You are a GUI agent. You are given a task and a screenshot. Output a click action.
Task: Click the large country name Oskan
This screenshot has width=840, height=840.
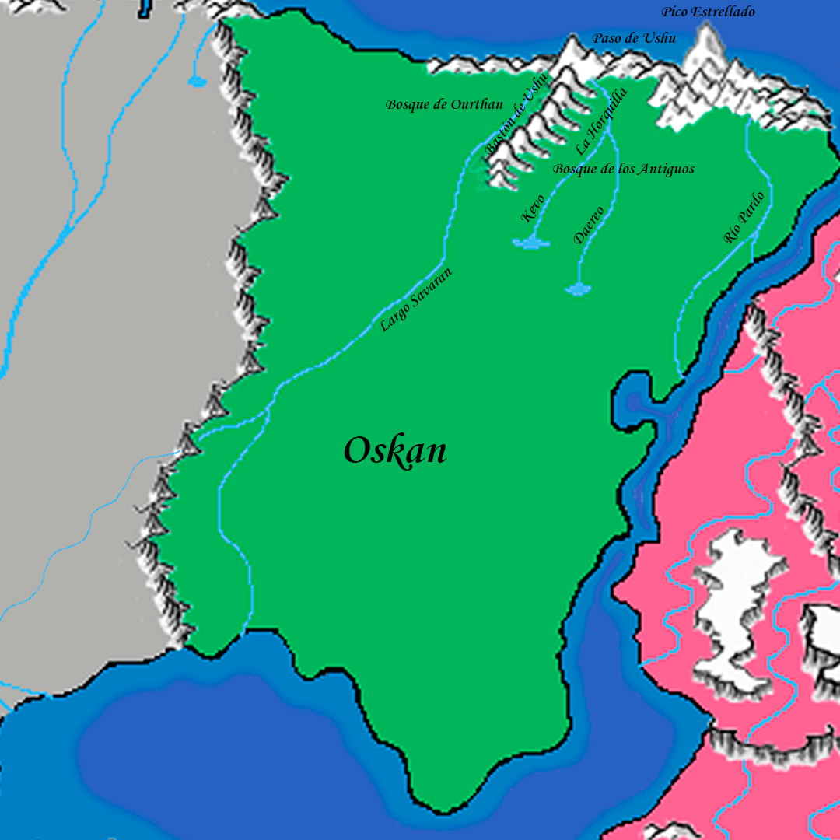pyautogui.click(x=395, y=451)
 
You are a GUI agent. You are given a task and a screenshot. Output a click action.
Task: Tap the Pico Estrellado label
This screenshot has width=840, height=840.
pyautogui.click(x=708, y=12)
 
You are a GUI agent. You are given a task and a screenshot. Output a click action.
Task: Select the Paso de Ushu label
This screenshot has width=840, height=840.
pyautogui.click(x=634, y=38)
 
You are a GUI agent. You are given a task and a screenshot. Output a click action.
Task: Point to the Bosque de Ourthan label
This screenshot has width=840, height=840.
pyautogui.click(x=444, y=104)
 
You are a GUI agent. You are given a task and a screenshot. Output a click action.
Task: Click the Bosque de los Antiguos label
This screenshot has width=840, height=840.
pyautogui.click(x=624, y=169)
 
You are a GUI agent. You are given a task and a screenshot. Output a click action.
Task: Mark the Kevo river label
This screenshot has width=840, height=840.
pyautogui.click(x=533, y=208)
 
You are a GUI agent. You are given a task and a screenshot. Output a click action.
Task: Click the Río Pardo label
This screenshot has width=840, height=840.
pyautogui.click(x=744, y=218)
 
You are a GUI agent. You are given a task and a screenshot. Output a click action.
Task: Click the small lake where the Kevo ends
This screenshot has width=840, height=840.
pyautogui.click(x=531, y=243)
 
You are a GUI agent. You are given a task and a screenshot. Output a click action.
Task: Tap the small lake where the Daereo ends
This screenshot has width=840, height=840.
pyautogui.click(x=578, y=290)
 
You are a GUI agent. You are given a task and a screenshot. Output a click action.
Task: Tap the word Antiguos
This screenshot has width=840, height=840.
pyautogui.click(x=666, y=169)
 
